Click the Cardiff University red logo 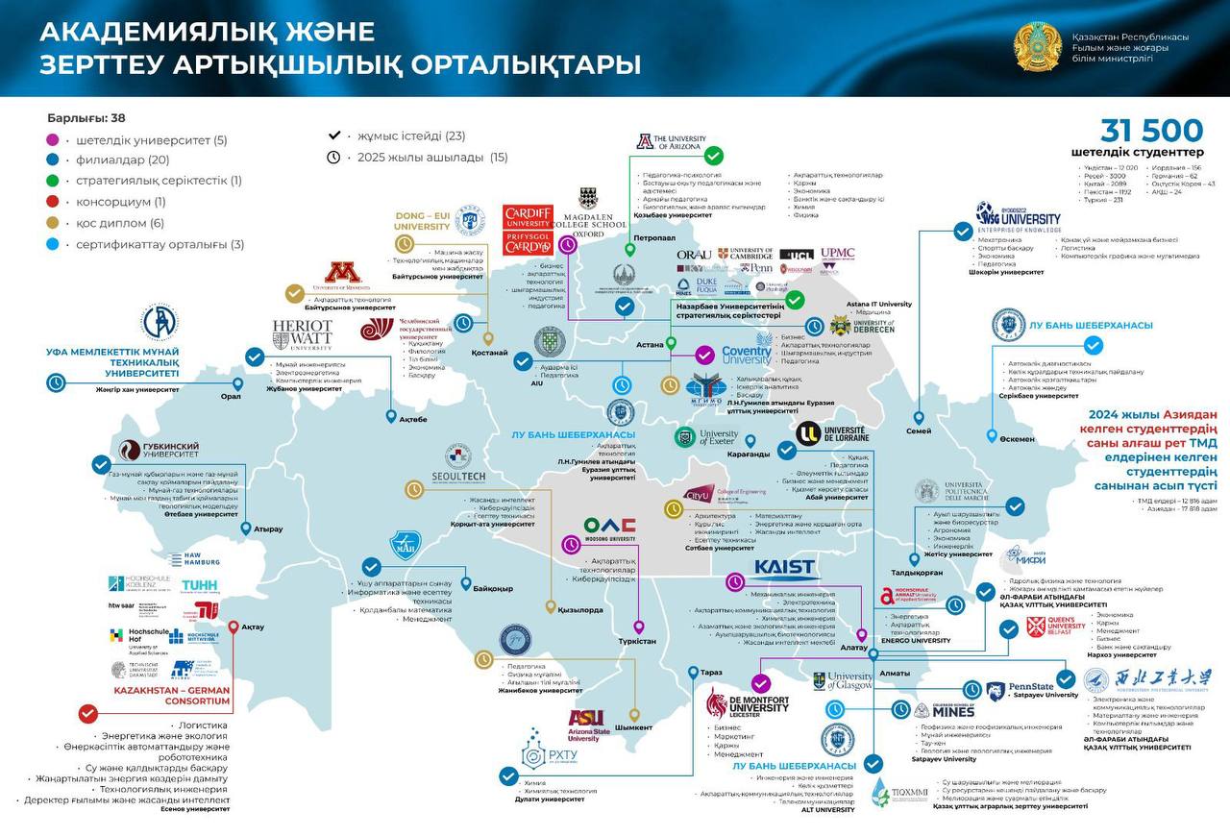tap(528, 230)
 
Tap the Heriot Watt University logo tap(302, 334)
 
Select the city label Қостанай tap(489, 353)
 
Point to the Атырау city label tap(268, 529)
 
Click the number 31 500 tap(1151, 131)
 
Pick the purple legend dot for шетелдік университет tap(52, 140)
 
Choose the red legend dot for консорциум tap(52, 202)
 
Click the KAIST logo tap(784, 568)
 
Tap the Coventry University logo tap(746, 354)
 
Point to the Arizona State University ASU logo tap(589, 725)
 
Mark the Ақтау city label tap(252, 627)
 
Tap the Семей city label tap(918, 430)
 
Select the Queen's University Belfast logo tap(1055, 627)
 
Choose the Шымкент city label tap(633, 727)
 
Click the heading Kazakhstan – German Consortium tap(172, 696)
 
